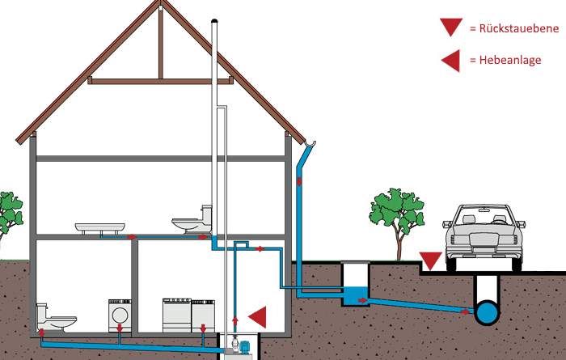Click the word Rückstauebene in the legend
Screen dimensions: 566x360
519,28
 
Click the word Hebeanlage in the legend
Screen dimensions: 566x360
510,60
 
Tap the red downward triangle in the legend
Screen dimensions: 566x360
451,27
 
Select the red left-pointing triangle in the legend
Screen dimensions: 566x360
451,61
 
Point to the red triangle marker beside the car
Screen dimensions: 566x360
430,260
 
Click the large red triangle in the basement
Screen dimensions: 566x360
258,316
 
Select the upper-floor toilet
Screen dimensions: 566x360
192,220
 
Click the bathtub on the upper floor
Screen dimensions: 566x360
100,228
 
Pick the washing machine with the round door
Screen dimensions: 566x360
120,316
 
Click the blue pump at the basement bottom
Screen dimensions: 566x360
244,346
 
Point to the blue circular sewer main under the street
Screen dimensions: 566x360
488,312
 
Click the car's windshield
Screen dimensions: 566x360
484,215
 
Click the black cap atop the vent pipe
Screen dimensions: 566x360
214,20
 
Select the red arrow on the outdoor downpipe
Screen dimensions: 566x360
299,181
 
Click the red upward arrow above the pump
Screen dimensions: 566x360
235,320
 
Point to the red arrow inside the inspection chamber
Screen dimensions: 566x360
363,300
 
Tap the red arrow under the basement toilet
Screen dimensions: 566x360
41,332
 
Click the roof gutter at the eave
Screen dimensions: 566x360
310,143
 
